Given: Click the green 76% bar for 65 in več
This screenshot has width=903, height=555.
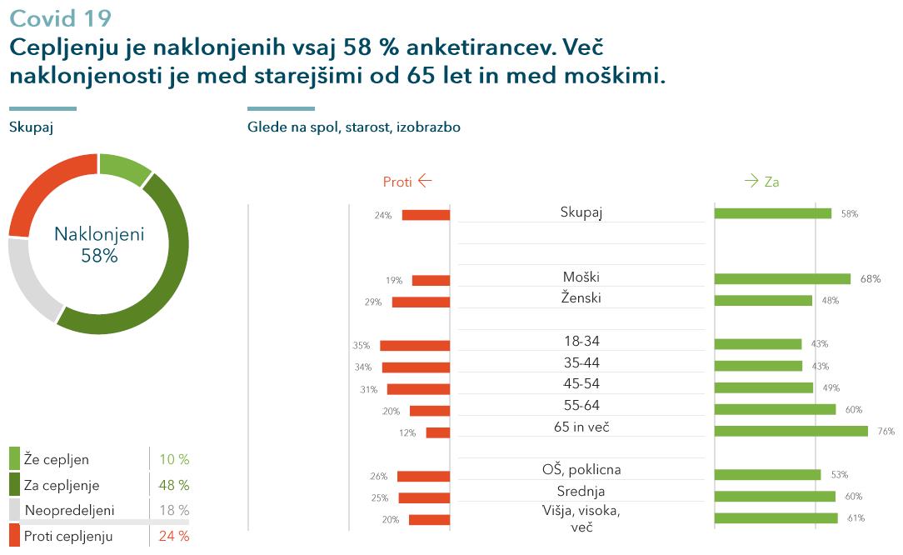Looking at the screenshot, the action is [x=791, y=431].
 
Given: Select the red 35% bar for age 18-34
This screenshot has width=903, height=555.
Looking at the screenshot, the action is [x=415, y=346].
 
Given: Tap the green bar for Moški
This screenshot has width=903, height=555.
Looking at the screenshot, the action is [x=783, y=279].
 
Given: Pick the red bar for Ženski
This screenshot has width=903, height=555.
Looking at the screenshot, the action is [x=421, y=302].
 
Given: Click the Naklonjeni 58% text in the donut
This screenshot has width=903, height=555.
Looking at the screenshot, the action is [x=99, y=244].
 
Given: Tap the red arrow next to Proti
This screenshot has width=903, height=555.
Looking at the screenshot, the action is [x=425, y=181].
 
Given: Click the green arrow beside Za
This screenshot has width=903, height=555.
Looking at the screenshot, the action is [x=751, y=181].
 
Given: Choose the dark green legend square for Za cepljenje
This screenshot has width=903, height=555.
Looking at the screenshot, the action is [x=14, y=484].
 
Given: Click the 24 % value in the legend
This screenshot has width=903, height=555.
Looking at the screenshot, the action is [x=174, y=536].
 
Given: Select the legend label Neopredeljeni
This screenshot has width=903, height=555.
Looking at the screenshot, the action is [x=70, y=510].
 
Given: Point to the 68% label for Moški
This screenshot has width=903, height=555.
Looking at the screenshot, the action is [x=871, y=279].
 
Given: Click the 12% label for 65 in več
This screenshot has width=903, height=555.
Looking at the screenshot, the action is [x=407, y=432].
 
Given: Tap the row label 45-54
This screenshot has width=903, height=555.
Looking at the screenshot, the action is [x=581, y=384].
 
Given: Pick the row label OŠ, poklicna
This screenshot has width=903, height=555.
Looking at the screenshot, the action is [x=581, y=470].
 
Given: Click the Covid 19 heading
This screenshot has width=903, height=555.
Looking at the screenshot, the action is [x=61, y=18].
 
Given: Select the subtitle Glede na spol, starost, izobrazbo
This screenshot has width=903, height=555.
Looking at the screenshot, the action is [x=353, y=127].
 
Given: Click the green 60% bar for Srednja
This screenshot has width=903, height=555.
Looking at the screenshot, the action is [x=776, y=496].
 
